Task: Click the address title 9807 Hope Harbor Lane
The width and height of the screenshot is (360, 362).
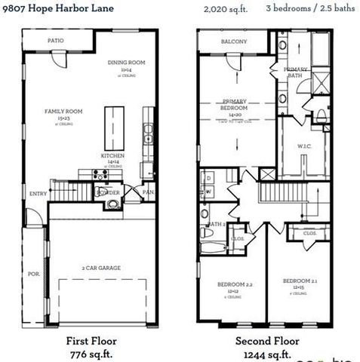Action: pos(56,8)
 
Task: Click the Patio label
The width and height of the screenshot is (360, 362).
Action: pos(55,41)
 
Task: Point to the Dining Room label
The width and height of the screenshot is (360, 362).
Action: pos(126,63)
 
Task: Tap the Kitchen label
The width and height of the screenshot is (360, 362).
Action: pos(112,156)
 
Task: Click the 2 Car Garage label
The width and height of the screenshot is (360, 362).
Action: pos(102,267)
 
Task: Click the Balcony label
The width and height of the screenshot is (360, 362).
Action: pos(234,41)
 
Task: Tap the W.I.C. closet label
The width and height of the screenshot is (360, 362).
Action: pos(304,146)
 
